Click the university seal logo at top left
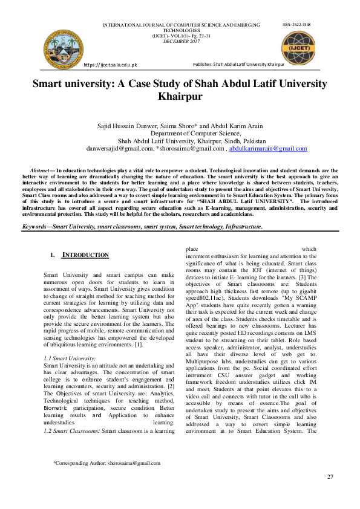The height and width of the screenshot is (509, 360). point(62,45)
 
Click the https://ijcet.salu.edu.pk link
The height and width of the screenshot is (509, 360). point(111,64)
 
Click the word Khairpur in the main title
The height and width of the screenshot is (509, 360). point(180,96)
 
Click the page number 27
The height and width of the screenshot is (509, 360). point(330,477)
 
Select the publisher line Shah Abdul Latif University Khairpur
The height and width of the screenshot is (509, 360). point(239,64)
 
